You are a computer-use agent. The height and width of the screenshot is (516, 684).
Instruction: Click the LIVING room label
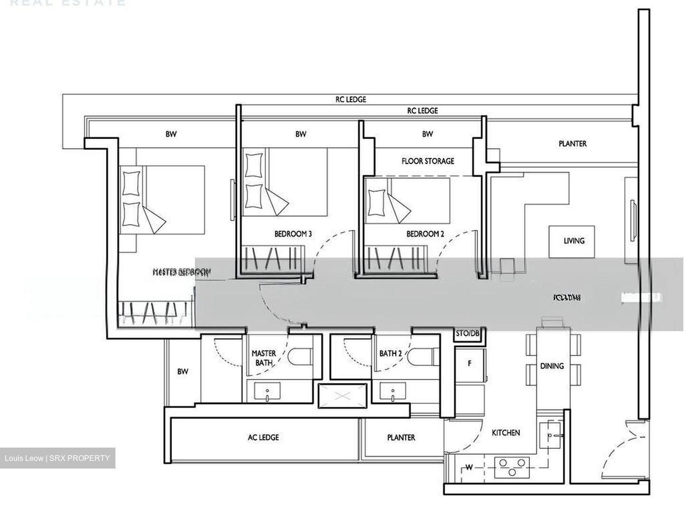click(574, 241)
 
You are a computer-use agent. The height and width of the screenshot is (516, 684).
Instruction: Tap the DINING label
click(552, 366)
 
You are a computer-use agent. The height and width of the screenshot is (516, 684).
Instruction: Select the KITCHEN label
click(505, 432)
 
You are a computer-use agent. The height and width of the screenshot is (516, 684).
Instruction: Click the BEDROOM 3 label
click(293, 234)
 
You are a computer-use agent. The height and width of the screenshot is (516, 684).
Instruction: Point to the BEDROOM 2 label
click(425, 234)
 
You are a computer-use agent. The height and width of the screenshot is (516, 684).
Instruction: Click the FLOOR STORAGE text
click(427, 161)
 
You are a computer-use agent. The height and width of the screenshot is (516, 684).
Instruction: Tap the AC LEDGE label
click(263, 437)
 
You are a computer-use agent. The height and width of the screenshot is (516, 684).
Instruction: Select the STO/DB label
click(467, 334)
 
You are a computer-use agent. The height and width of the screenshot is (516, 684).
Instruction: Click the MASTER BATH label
click(264, 358)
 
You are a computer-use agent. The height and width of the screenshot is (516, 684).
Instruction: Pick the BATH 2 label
click(390, 354)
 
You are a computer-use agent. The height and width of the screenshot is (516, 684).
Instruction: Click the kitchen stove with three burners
click(512, 467)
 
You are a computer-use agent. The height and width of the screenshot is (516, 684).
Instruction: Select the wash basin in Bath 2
click(393, 392)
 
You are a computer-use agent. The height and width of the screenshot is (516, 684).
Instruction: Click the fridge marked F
click(469, 364)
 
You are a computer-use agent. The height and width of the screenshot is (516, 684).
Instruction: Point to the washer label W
click(469, 468)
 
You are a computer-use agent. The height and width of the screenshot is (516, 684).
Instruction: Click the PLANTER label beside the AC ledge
click(401, 437)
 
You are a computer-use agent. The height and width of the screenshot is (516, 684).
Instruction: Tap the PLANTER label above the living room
click(572, 143)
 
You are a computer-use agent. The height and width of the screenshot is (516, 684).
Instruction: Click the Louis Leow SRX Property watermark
click(57, 458)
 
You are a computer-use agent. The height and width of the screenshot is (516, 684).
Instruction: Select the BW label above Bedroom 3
click(300, 134)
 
